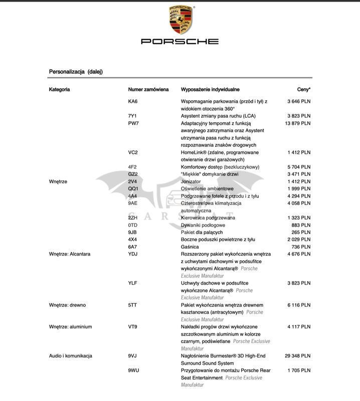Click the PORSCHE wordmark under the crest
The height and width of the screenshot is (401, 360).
[179, 42]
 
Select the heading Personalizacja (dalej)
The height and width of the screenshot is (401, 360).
[76, 72]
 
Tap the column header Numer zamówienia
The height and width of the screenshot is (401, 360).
[148, 90]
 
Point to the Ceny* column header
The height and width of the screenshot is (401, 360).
[303, 90]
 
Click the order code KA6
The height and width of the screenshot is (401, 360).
[133, 101]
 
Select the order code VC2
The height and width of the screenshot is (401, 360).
[133, 152]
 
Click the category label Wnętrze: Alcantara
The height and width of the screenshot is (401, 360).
[70, 254]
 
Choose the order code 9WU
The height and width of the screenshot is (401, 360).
[134, 370]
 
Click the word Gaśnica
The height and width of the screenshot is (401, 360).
[190, 247]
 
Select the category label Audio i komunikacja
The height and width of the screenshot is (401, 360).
[71, 356]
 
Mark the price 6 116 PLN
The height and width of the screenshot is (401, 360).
[299, 305]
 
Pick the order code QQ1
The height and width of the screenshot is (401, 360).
[133, 188]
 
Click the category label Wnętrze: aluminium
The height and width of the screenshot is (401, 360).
[71, 327]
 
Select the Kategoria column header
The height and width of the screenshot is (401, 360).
[60, 90]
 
